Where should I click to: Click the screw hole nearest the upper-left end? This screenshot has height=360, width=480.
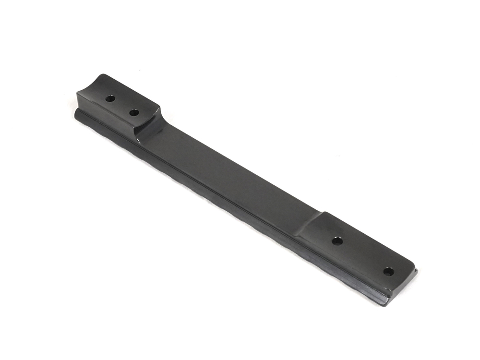[110, 98]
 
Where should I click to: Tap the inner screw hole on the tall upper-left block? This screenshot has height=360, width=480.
[134, 112]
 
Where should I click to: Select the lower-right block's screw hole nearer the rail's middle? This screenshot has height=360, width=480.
[337, 241]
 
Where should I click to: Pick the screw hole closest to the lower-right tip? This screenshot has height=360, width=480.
[388, 272]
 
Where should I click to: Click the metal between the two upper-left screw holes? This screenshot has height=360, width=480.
[122, 106]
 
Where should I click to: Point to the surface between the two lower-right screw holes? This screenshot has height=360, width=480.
[363, 256]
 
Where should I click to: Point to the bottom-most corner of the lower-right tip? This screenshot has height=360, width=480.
[384, 305]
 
